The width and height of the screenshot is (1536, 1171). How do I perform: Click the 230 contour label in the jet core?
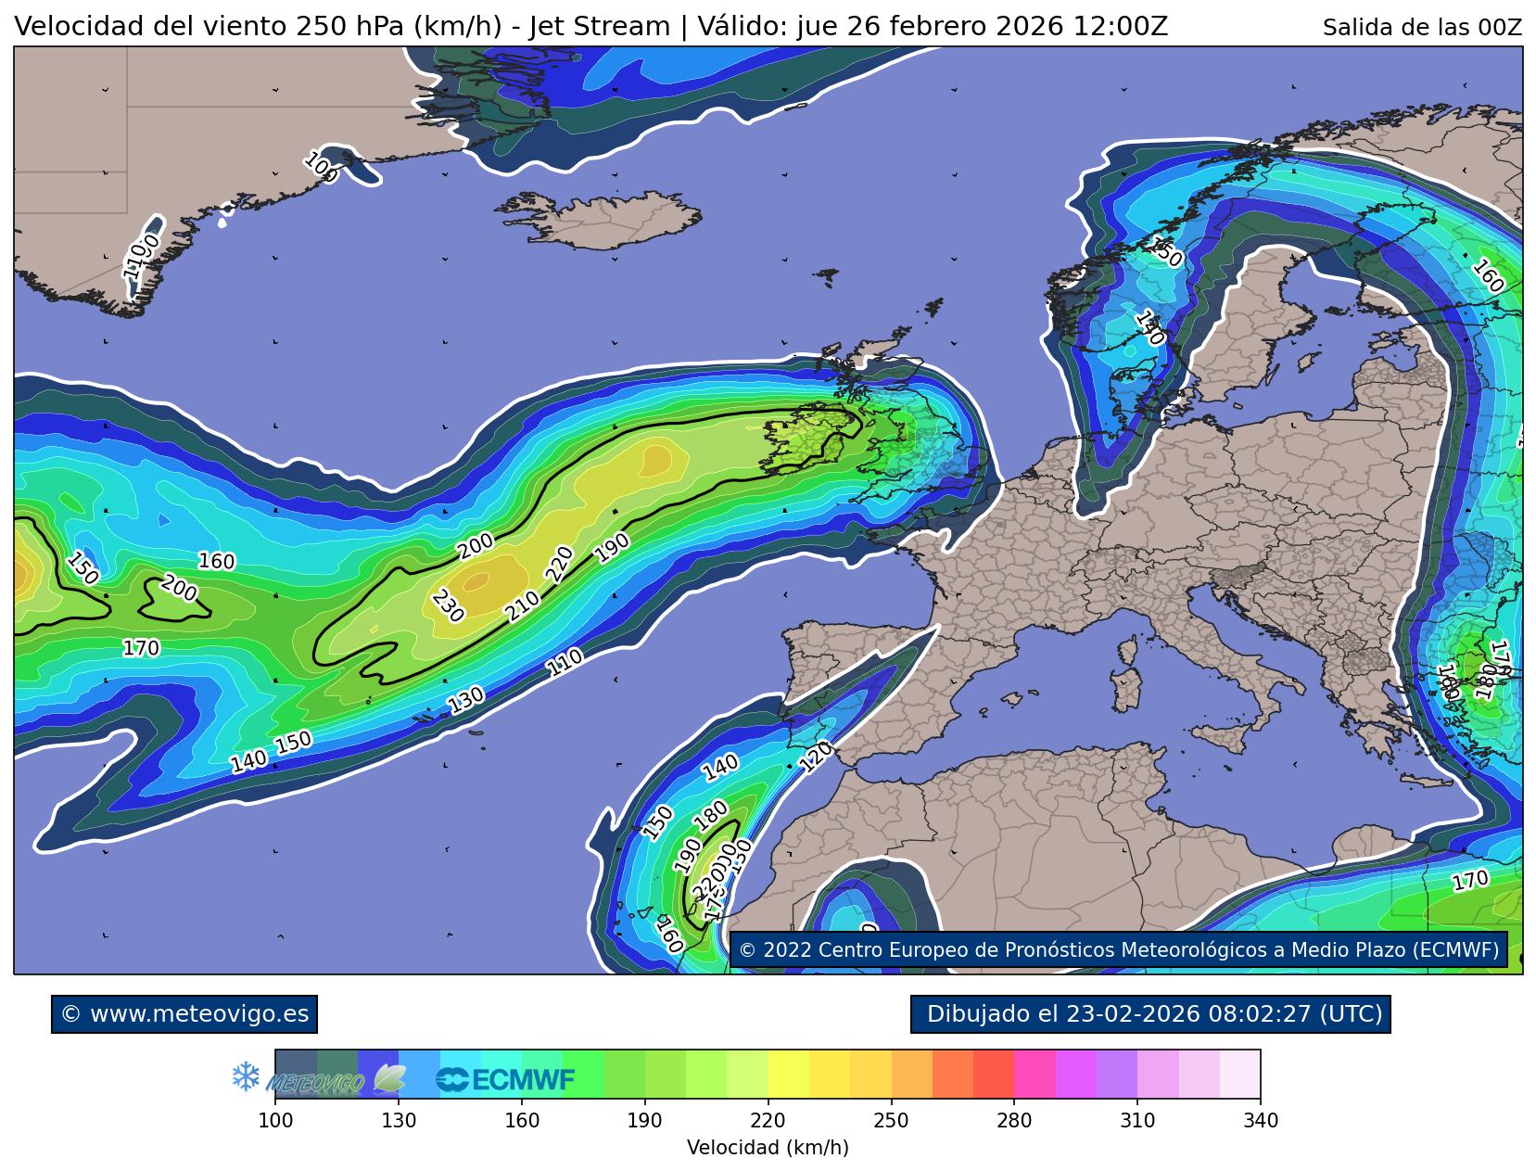[x=448, y=605]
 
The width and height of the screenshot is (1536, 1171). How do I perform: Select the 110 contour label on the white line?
[x=564, y=662]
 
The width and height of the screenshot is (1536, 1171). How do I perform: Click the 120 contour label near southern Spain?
[x=816, y=757]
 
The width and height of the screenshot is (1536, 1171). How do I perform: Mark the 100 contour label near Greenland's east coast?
[x=321, y=167]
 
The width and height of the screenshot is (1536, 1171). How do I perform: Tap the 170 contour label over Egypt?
[x=1469, y=880]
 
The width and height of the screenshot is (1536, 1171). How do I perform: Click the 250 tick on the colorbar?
[x=892, y=1121]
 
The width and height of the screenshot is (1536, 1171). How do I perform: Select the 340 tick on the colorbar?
[x=1260, y=1121]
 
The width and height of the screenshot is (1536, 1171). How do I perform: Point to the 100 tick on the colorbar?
[x=275, y=1121]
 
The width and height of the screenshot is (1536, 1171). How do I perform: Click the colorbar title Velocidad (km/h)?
[x=768, y=1148]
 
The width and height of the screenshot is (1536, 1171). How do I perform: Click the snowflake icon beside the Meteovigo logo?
[x=246, y=1076]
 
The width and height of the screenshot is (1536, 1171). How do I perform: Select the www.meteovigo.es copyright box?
[x=184, y=1013]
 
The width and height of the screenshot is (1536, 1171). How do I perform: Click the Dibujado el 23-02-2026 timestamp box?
[x=1150, y=1013]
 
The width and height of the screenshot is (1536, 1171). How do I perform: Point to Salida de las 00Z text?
[x=1421, y=28]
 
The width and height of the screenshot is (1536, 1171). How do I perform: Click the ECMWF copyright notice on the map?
[x=1118, y=950]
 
